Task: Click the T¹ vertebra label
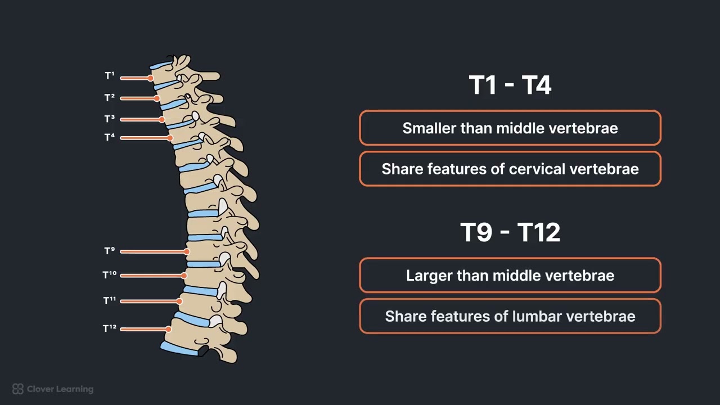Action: [110, 76]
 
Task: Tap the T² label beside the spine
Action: [110, 98]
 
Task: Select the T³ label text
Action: [110, 119]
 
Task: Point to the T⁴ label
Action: [110, 137]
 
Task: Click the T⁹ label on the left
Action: [110, 251]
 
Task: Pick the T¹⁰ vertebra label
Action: [110, 275]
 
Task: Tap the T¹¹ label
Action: [110, 300]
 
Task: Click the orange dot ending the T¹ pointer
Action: [151, 78]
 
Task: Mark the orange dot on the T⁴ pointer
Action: [170, 138]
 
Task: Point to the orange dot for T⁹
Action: [187, 251]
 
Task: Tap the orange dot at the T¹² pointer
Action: [168, 329]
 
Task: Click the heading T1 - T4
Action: [510, 85]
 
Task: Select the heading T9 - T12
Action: [510, 232]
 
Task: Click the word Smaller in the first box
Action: [429, 128]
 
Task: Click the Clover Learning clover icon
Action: [18, 389]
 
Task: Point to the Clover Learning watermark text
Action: [60, 389]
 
